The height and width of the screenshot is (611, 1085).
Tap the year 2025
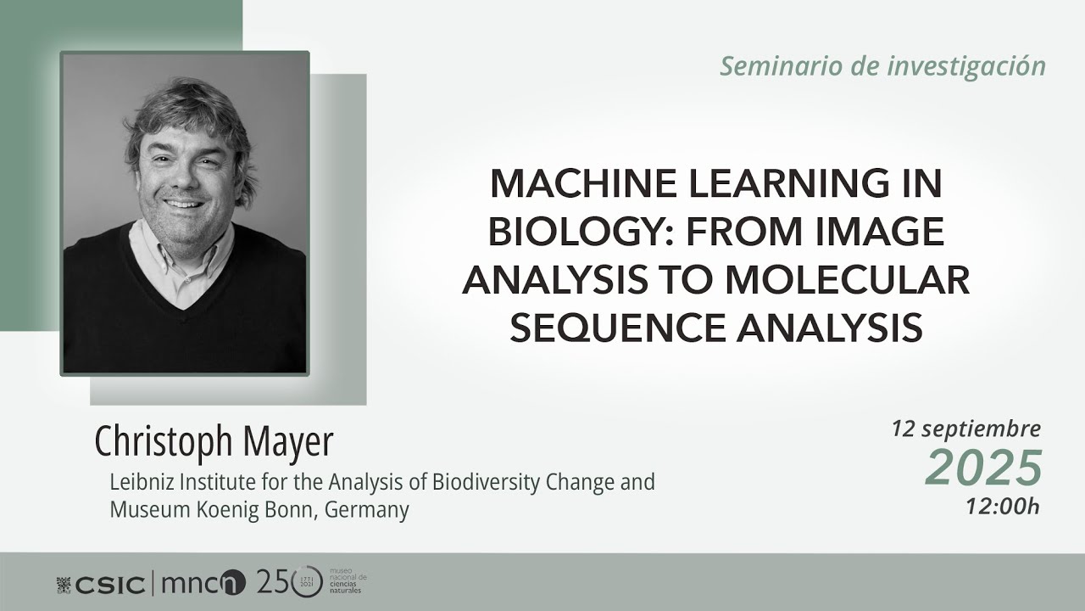983,468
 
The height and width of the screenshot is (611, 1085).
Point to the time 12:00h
1002,507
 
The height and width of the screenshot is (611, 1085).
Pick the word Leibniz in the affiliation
137,483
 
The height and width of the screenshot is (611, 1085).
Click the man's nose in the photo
181,176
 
